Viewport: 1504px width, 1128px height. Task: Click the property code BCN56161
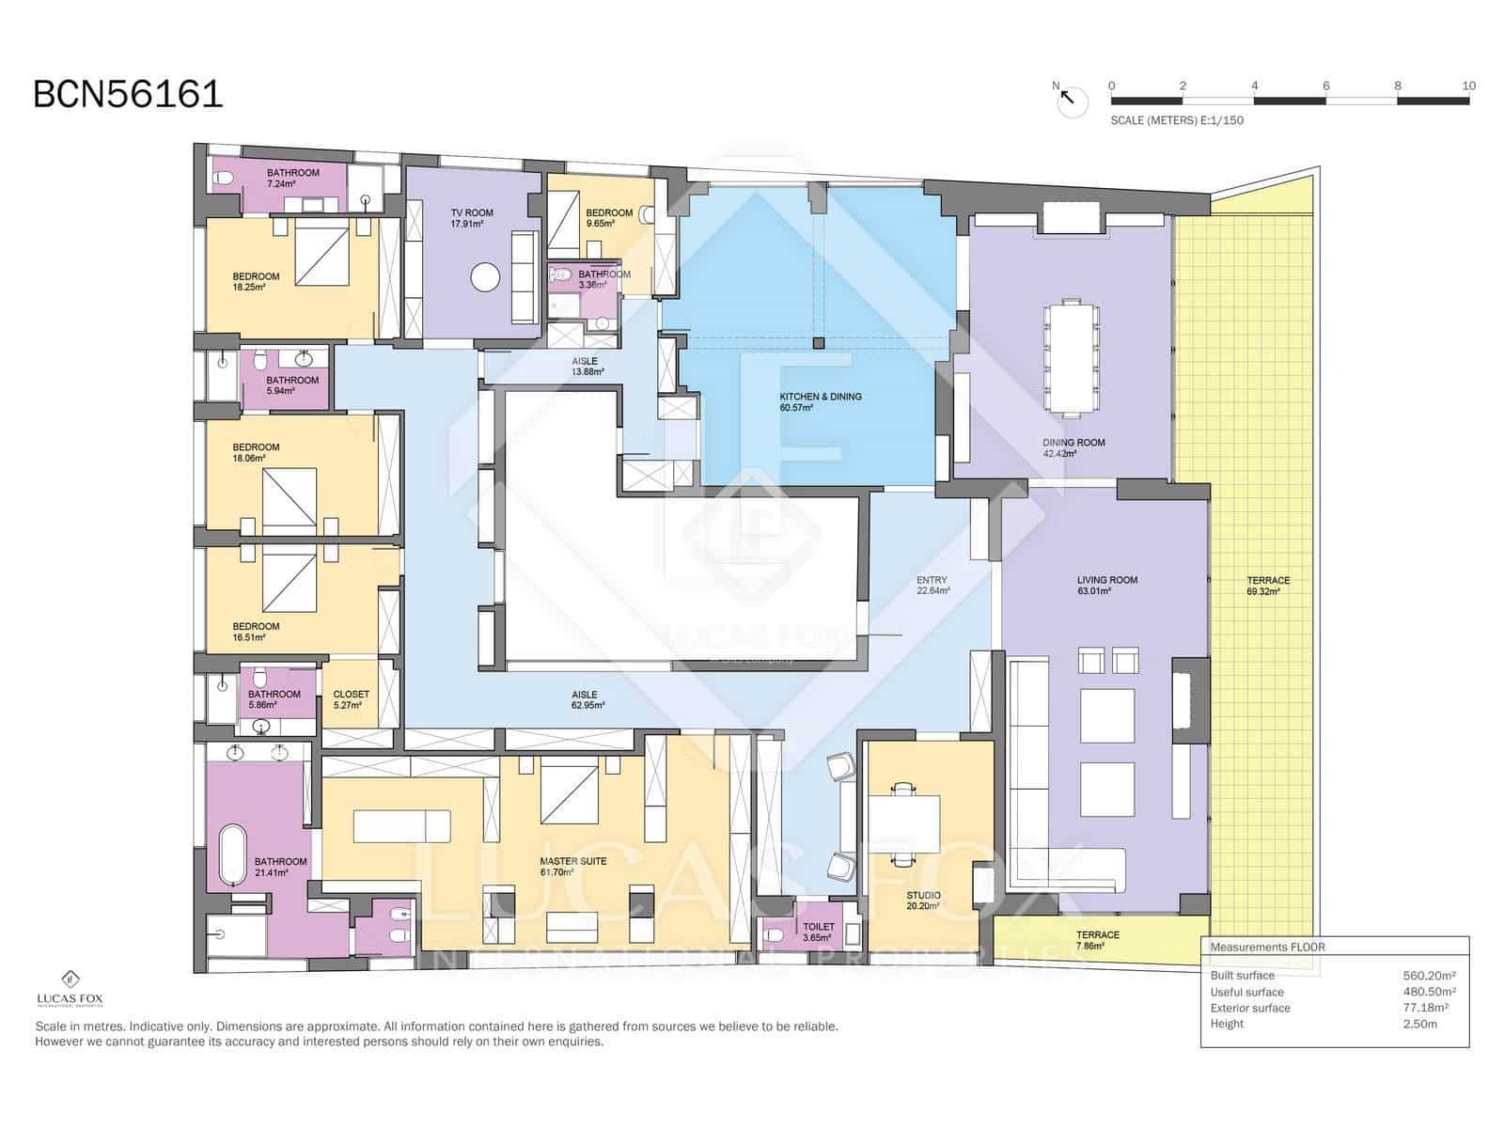[x=128, y=94]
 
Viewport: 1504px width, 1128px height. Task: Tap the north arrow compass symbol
[x=1071, y=100]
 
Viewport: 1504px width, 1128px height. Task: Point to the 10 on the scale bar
[x=1468, y=86]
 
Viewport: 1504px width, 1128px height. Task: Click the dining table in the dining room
[x=1072, y=357]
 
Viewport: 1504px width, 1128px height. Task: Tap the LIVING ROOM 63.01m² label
[x=1106, y=586]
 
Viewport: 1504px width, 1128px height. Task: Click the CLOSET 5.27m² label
[x=351, y=699]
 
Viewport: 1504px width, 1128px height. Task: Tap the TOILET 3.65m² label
[x=818, y=932]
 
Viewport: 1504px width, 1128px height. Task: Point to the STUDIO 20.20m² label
[x=923, y=901]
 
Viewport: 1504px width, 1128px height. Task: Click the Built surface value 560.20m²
[x=1428, y=976]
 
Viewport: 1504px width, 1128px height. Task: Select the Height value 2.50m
[x=1419, y=1024]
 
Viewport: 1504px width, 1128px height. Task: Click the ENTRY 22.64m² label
[x=932, y=586]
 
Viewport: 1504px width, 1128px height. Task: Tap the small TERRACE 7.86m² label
[x=1097, y=940]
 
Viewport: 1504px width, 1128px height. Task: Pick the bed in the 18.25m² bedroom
[x=322, y=257]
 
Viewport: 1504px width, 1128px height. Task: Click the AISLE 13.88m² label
[x=584, y=367]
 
